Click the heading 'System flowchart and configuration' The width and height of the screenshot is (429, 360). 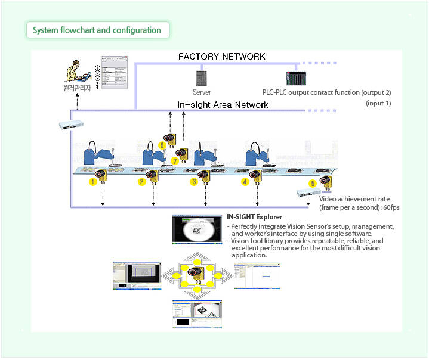(97, 30)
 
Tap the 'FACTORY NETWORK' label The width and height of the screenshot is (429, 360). (222, 57)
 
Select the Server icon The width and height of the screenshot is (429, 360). (201, 78)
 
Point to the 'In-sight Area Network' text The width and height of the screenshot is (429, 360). (223, 105)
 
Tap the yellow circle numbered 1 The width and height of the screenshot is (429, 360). (93, 182)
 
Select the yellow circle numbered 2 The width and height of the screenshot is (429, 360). (142, 182)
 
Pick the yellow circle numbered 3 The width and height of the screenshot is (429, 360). (193, 182)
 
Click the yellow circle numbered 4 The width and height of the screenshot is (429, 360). (245, 182)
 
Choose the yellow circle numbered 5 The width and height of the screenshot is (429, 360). (312, 184)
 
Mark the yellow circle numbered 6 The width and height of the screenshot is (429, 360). (162, 145)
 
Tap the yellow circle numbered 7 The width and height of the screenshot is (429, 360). (175, 161)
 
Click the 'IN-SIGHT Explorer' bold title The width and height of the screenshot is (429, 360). (255, 217)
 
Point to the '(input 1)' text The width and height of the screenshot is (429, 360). (378, 103)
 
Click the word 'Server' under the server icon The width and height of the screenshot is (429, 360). (202, 92)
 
